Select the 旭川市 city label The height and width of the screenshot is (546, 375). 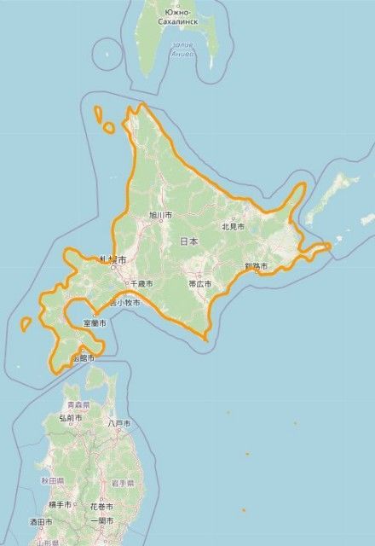pos(160,215)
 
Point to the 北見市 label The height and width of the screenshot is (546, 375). pos(233,227)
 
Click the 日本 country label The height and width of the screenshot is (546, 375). pos(189,241)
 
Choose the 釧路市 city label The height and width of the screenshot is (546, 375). pos(256,267)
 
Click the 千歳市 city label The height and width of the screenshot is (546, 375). pos(141,282)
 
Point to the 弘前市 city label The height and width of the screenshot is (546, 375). pos(71,419)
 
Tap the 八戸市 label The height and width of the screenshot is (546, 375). pos(119,423)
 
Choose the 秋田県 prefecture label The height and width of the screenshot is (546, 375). pos(52,481)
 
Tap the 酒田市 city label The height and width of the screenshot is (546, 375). pos(41,521)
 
